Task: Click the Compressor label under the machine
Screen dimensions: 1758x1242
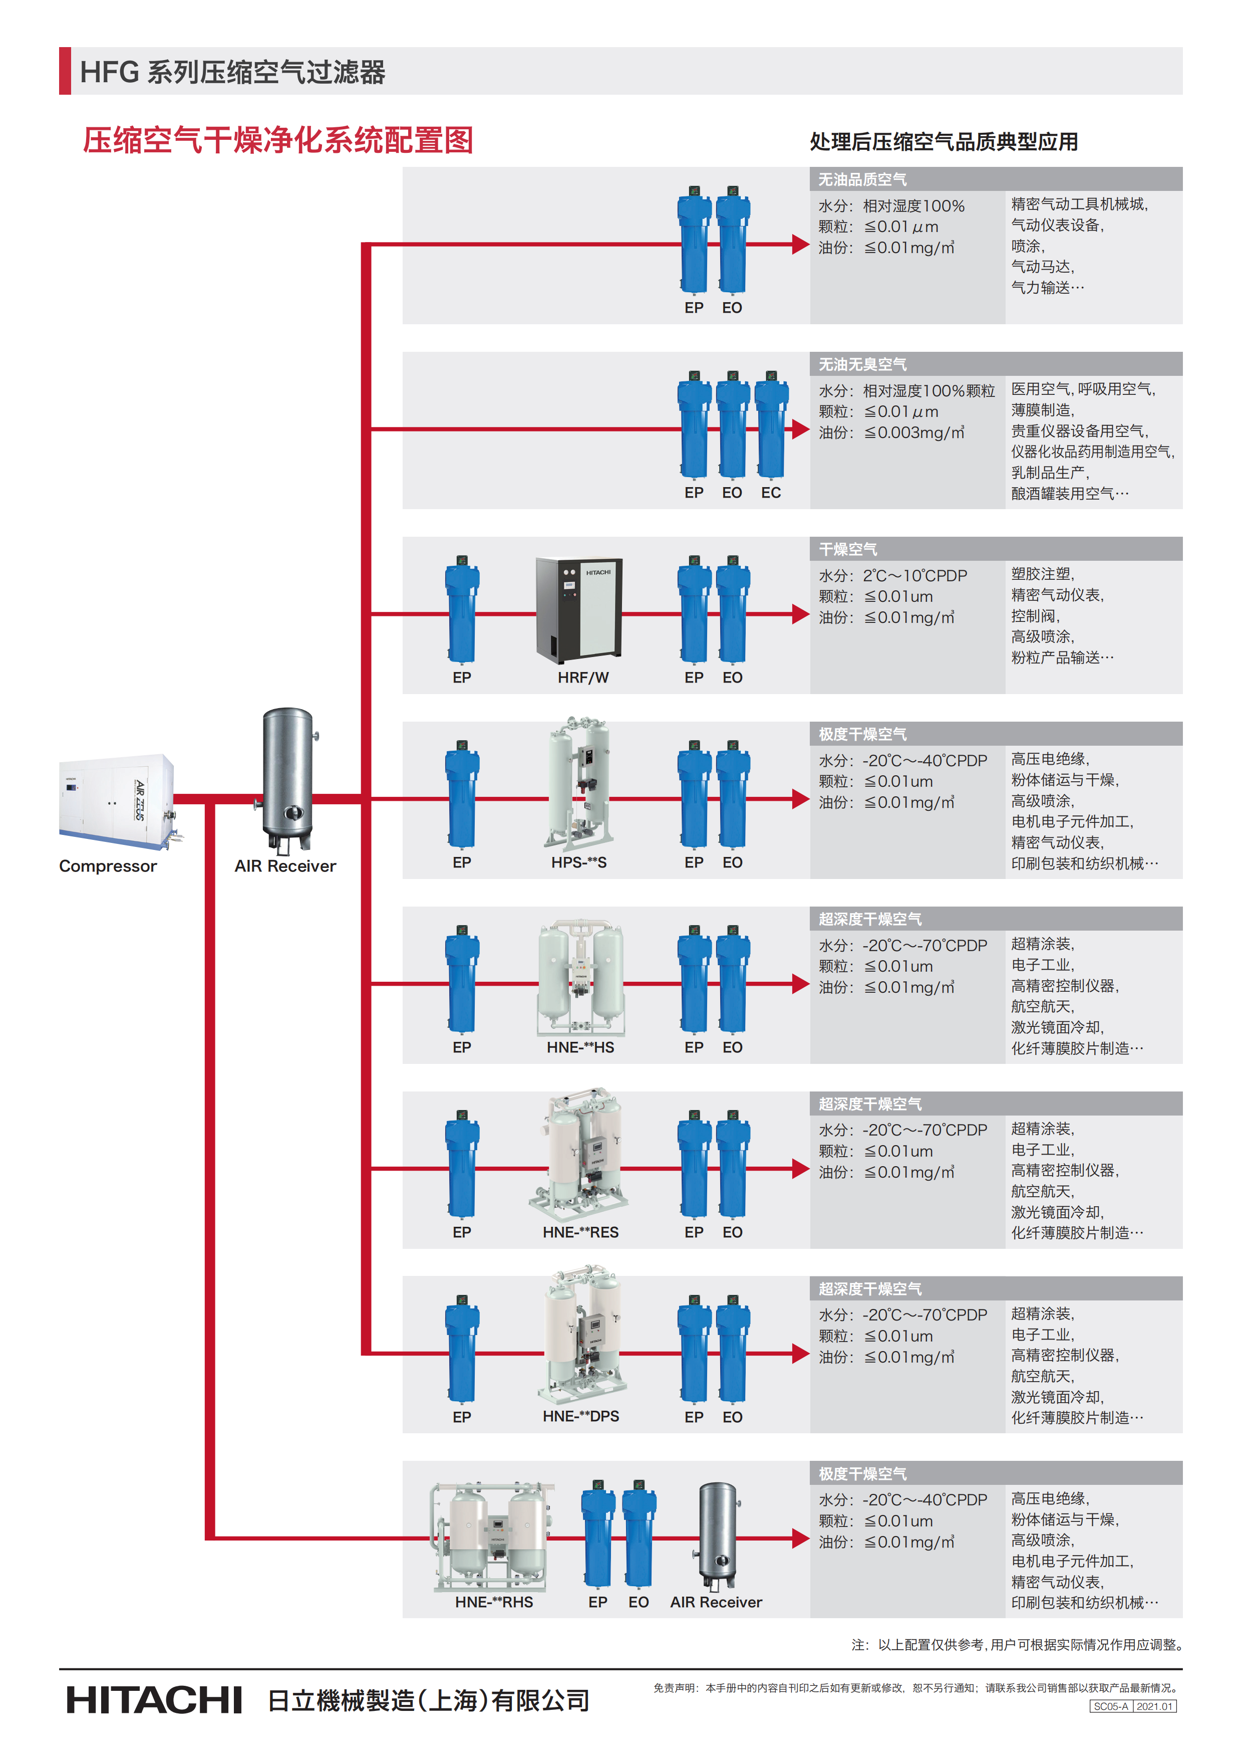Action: click(108, 866)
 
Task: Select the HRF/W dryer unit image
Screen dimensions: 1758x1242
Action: click(578, 609)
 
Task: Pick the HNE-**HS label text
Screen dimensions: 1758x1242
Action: click(580, 1047)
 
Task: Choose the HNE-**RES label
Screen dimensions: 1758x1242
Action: click(580, 1232)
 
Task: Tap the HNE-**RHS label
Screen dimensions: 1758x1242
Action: click(494, 1602)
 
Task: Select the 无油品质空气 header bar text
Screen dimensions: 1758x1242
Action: click(862, 179)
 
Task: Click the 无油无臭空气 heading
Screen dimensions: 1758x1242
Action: click(862, 364)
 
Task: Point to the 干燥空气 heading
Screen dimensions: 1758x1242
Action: click(848, 549)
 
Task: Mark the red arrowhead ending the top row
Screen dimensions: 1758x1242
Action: click(800, 244)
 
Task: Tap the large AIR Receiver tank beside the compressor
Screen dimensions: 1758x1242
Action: click(288, 777)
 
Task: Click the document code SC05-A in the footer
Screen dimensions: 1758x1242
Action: click(1110, 1707)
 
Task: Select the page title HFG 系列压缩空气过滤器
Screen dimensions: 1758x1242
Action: click(233, 72)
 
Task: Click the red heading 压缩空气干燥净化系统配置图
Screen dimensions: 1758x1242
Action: click(278, 141)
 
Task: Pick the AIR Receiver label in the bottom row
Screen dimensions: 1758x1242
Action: click(716, 1602)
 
